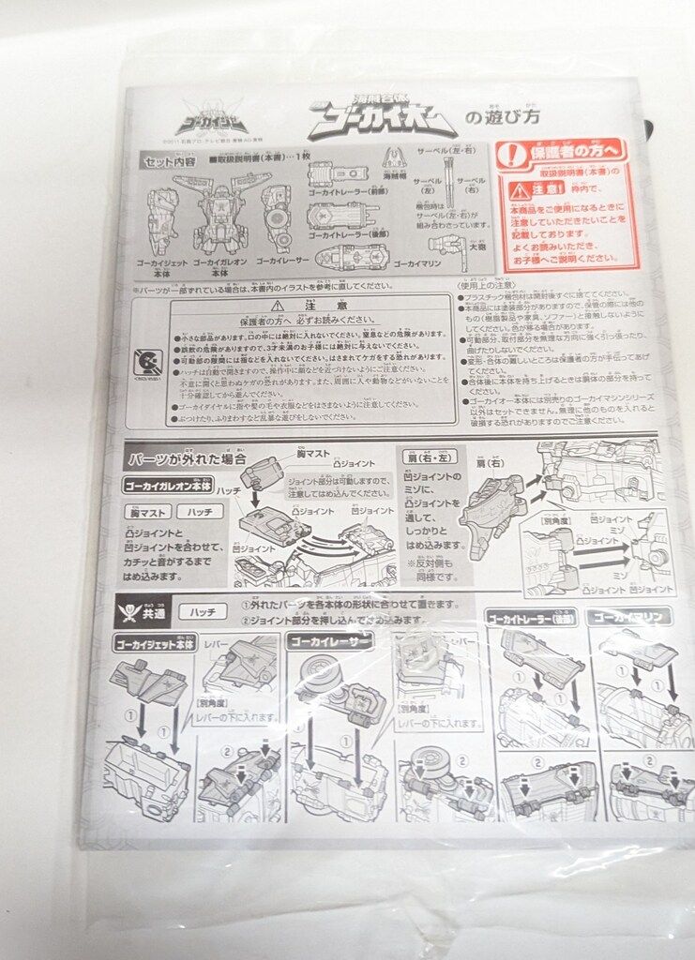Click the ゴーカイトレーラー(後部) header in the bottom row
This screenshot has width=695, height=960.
pos(530,618)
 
